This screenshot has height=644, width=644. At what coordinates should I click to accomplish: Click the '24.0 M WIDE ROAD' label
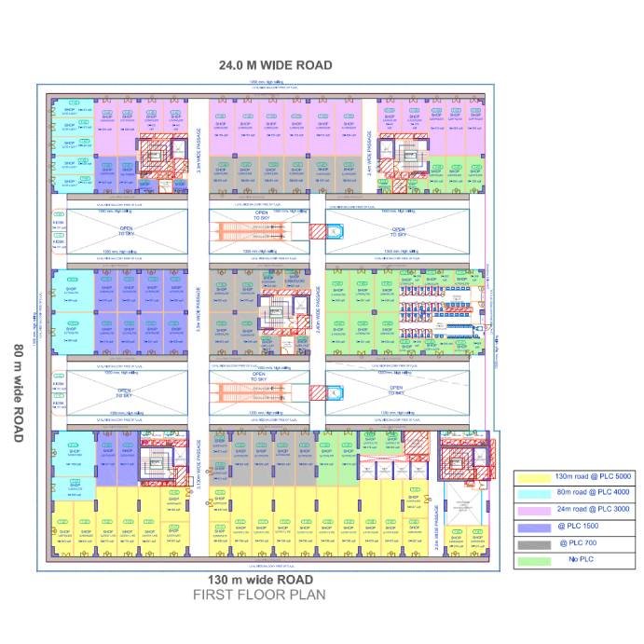275,65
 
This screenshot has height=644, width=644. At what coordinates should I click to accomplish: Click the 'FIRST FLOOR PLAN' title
259,595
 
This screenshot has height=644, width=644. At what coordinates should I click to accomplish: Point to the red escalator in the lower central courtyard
240,391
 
